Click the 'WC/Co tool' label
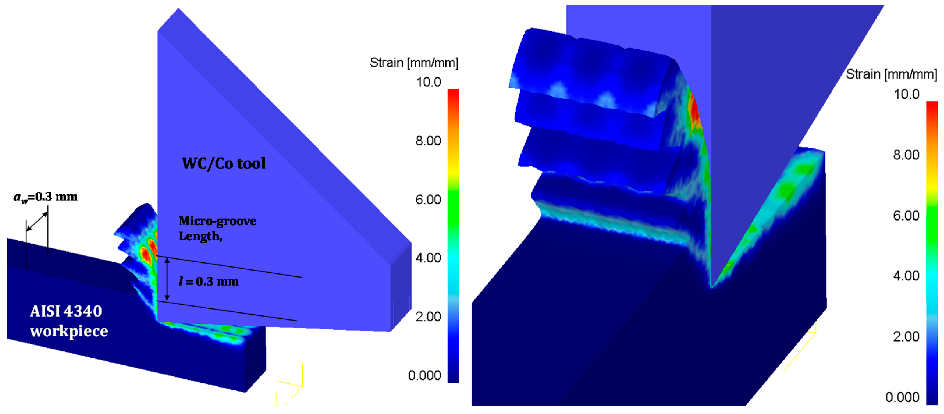223,164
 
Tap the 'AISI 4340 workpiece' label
69,321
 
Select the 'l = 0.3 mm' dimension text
209,281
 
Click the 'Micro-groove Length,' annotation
218,228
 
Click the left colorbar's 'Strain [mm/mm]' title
414,63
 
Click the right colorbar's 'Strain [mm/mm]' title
891,74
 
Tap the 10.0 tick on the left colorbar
429,82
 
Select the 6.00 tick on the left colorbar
428,199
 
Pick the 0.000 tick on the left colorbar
424,375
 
